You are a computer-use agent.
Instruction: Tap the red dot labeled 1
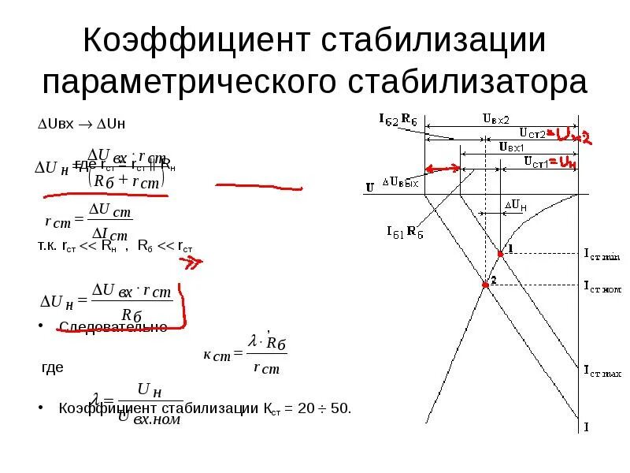(501, 254)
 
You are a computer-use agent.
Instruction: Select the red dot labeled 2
(485, 285)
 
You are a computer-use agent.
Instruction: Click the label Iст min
(602, 255)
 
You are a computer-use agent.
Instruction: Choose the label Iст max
(602, 368)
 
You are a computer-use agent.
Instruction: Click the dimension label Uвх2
(495, 117)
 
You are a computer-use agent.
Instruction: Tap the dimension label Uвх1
(513, 147)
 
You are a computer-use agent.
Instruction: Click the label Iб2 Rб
(398, 120)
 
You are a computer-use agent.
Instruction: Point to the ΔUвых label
(402, 181)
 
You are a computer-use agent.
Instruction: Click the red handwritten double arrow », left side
(192, 263)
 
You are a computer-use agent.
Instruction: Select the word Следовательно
(113, 327)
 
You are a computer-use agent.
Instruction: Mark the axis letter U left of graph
(369, 188)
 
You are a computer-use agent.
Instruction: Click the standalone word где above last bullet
(52, 367)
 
